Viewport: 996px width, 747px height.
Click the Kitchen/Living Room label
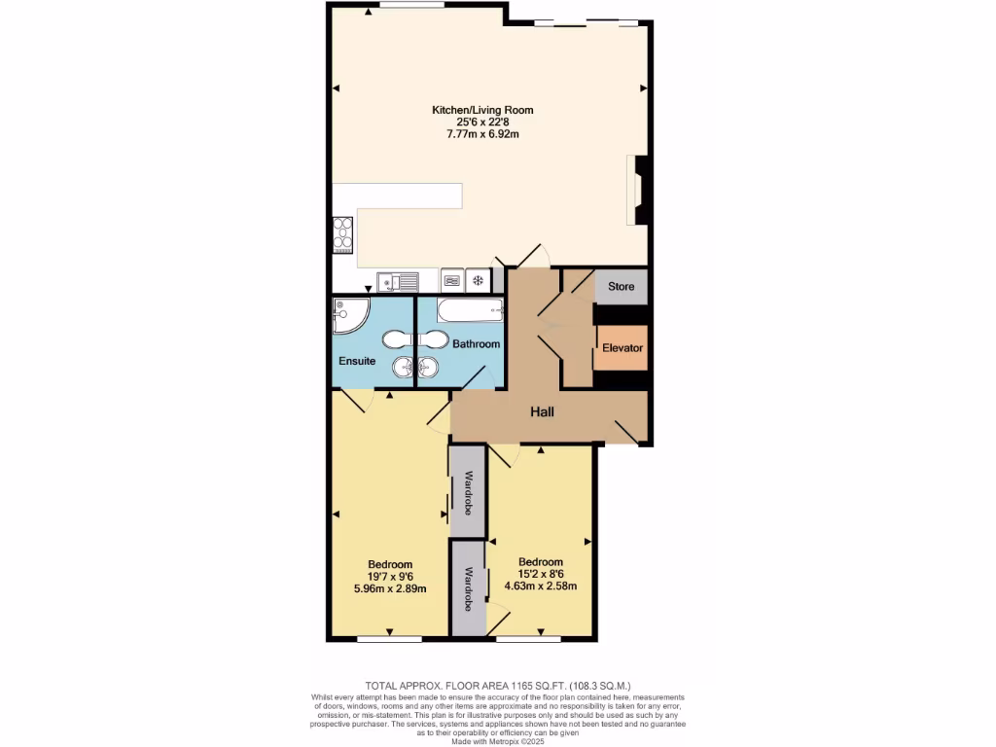[482, 110]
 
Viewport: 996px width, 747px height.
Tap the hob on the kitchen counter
[342, 234]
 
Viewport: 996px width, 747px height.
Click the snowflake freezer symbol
[478, 281]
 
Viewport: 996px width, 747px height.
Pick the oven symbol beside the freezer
[452, 281]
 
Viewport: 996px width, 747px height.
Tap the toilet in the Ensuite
[397, 339]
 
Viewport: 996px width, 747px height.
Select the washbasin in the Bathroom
[429, 367]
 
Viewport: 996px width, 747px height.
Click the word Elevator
[622, 347]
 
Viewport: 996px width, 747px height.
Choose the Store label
[621, 287]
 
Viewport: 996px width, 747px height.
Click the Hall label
[542, 412]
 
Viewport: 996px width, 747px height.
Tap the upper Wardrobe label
[468, 491]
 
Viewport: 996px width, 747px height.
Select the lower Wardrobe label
[468, 588]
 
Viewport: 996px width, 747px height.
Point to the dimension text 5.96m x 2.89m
[389, 588]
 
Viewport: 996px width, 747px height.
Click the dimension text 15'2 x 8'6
[540, 574]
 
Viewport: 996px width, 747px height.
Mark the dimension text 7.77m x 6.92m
[482, 134]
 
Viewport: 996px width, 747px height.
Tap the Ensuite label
[357, 361]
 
